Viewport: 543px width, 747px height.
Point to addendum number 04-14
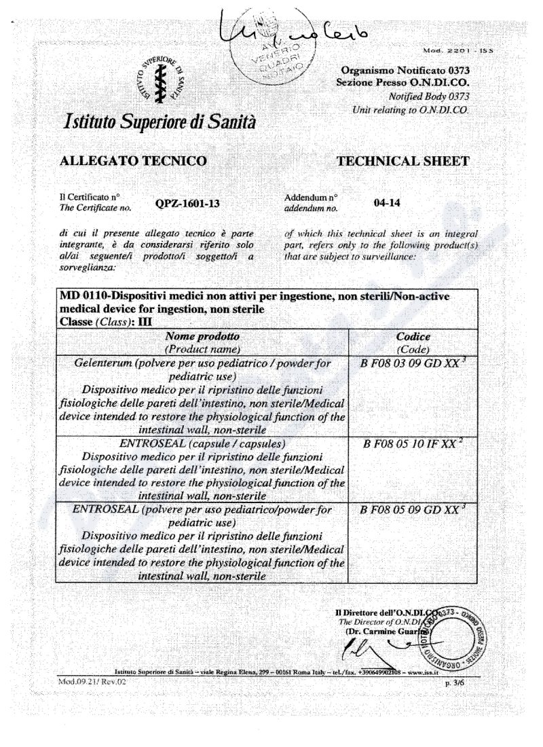(385, 202)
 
